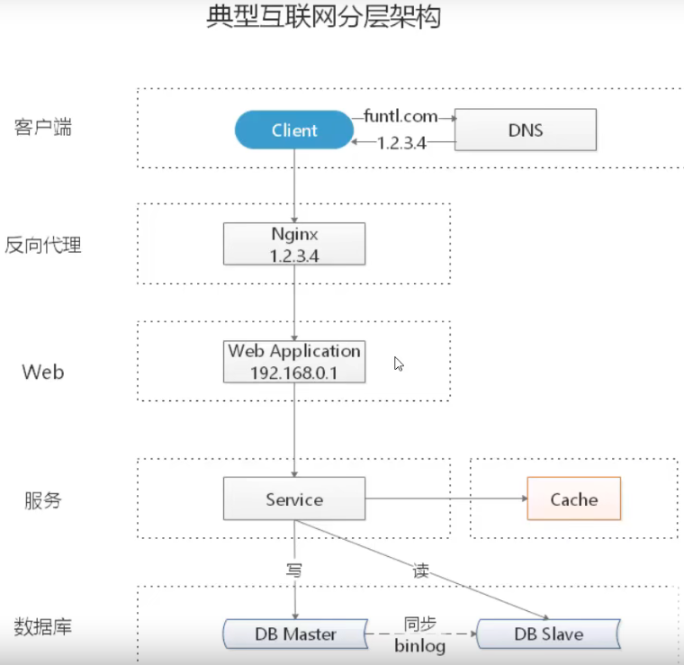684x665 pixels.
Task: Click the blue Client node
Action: pyautogui.click(x=293, y=130)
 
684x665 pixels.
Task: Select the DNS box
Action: pyautogui.click(x=526, y=130)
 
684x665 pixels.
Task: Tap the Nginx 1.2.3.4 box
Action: pyautogui.click(x=294, y=243)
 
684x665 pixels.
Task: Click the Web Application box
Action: pyautogui.click(x=294, y=361)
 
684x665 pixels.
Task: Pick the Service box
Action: pyautogui.click(x=294, y=499)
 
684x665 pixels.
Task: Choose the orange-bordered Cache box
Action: pyautogui.click(x=573, y=499)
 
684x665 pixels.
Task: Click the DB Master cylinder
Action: pyautogui.click(x=296, y=634)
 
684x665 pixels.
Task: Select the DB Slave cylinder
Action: pyautogui.click(x=548, y=634)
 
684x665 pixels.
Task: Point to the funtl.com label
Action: pyautogui.click(x=400, y=116)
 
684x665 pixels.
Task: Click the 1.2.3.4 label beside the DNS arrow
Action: pyautogui.click(x=401, y=142)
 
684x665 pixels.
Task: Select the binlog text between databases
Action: pyautogui.click(x=419, y=645)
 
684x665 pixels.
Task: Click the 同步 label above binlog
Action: pyautogui.click(x=420, y=624)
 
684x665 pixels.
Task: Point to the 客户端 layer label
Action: pyautogui.click(x=43, y=127)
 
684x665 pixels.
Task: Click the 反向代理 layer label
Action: pyautogui.click(x=43, y=244)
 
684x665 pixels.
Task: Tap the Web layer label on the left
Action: pyautogui.click(x=43, y=371)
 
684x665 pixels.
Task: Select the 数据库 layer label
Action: pyautogui.click(x=43, y=626)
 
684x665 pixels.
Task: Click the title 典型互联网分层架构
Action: pyautogui.click(x=324, y=18)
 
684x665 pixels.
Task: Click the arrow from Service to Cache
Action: pyautogui.click(x=445, y=499)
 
